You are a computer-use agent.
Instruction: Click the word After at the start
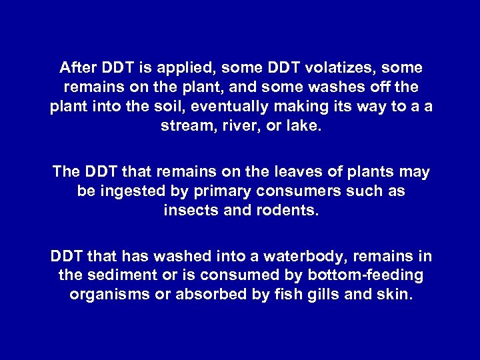tap(78, 68)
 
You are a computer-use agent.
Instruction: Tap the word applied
tap(184, 68)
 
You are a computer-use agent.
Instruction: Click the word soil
tap(169, 107)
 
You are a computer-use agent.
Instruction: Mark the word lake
tap(304, 126)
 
